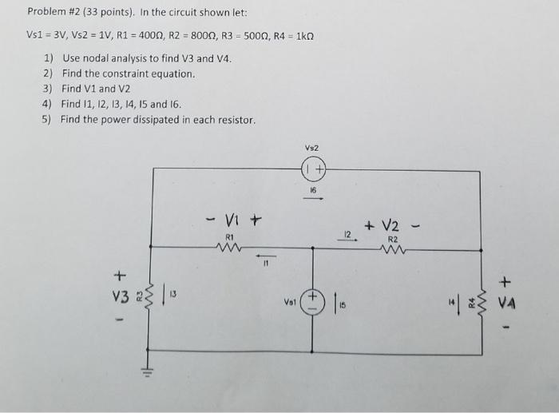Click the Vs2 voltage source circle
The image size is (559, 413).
point(312,170)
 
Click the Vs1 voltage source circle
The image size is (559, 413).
point(312,303)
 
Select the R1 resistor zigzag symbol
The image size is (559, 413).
point(228,248)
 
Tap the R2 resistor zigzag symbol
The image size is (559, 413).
point(393,248)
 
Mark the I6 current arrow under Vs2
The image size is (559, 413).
point(312,200)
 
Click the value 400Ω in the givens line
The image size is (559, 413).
point(204,38)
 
